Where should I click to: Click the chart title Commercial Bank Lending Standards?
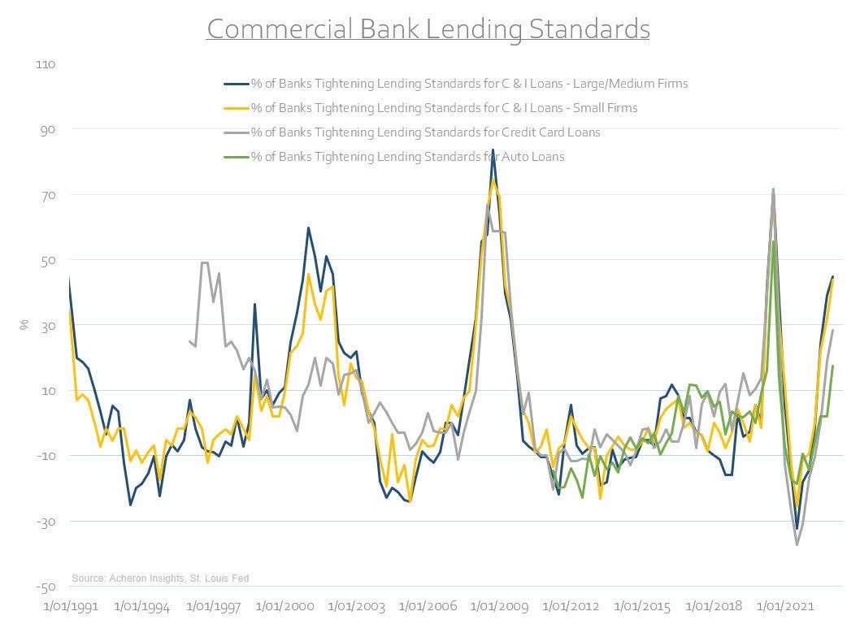coord(428,29)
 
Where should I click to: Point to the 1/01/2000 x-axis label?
coord(285,607)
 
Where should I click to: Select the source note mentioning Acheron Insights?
coord(160,578)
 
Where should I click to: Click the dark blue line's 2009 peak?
coord(493,150)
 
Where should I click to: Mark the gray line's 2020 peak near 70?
coord(772,189)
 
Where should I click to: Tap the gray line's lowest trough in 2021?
coord(797,544)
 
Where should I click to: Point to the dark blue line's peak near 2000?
coord(308,227)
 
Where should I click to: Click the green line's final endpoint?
coord(832,366)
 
